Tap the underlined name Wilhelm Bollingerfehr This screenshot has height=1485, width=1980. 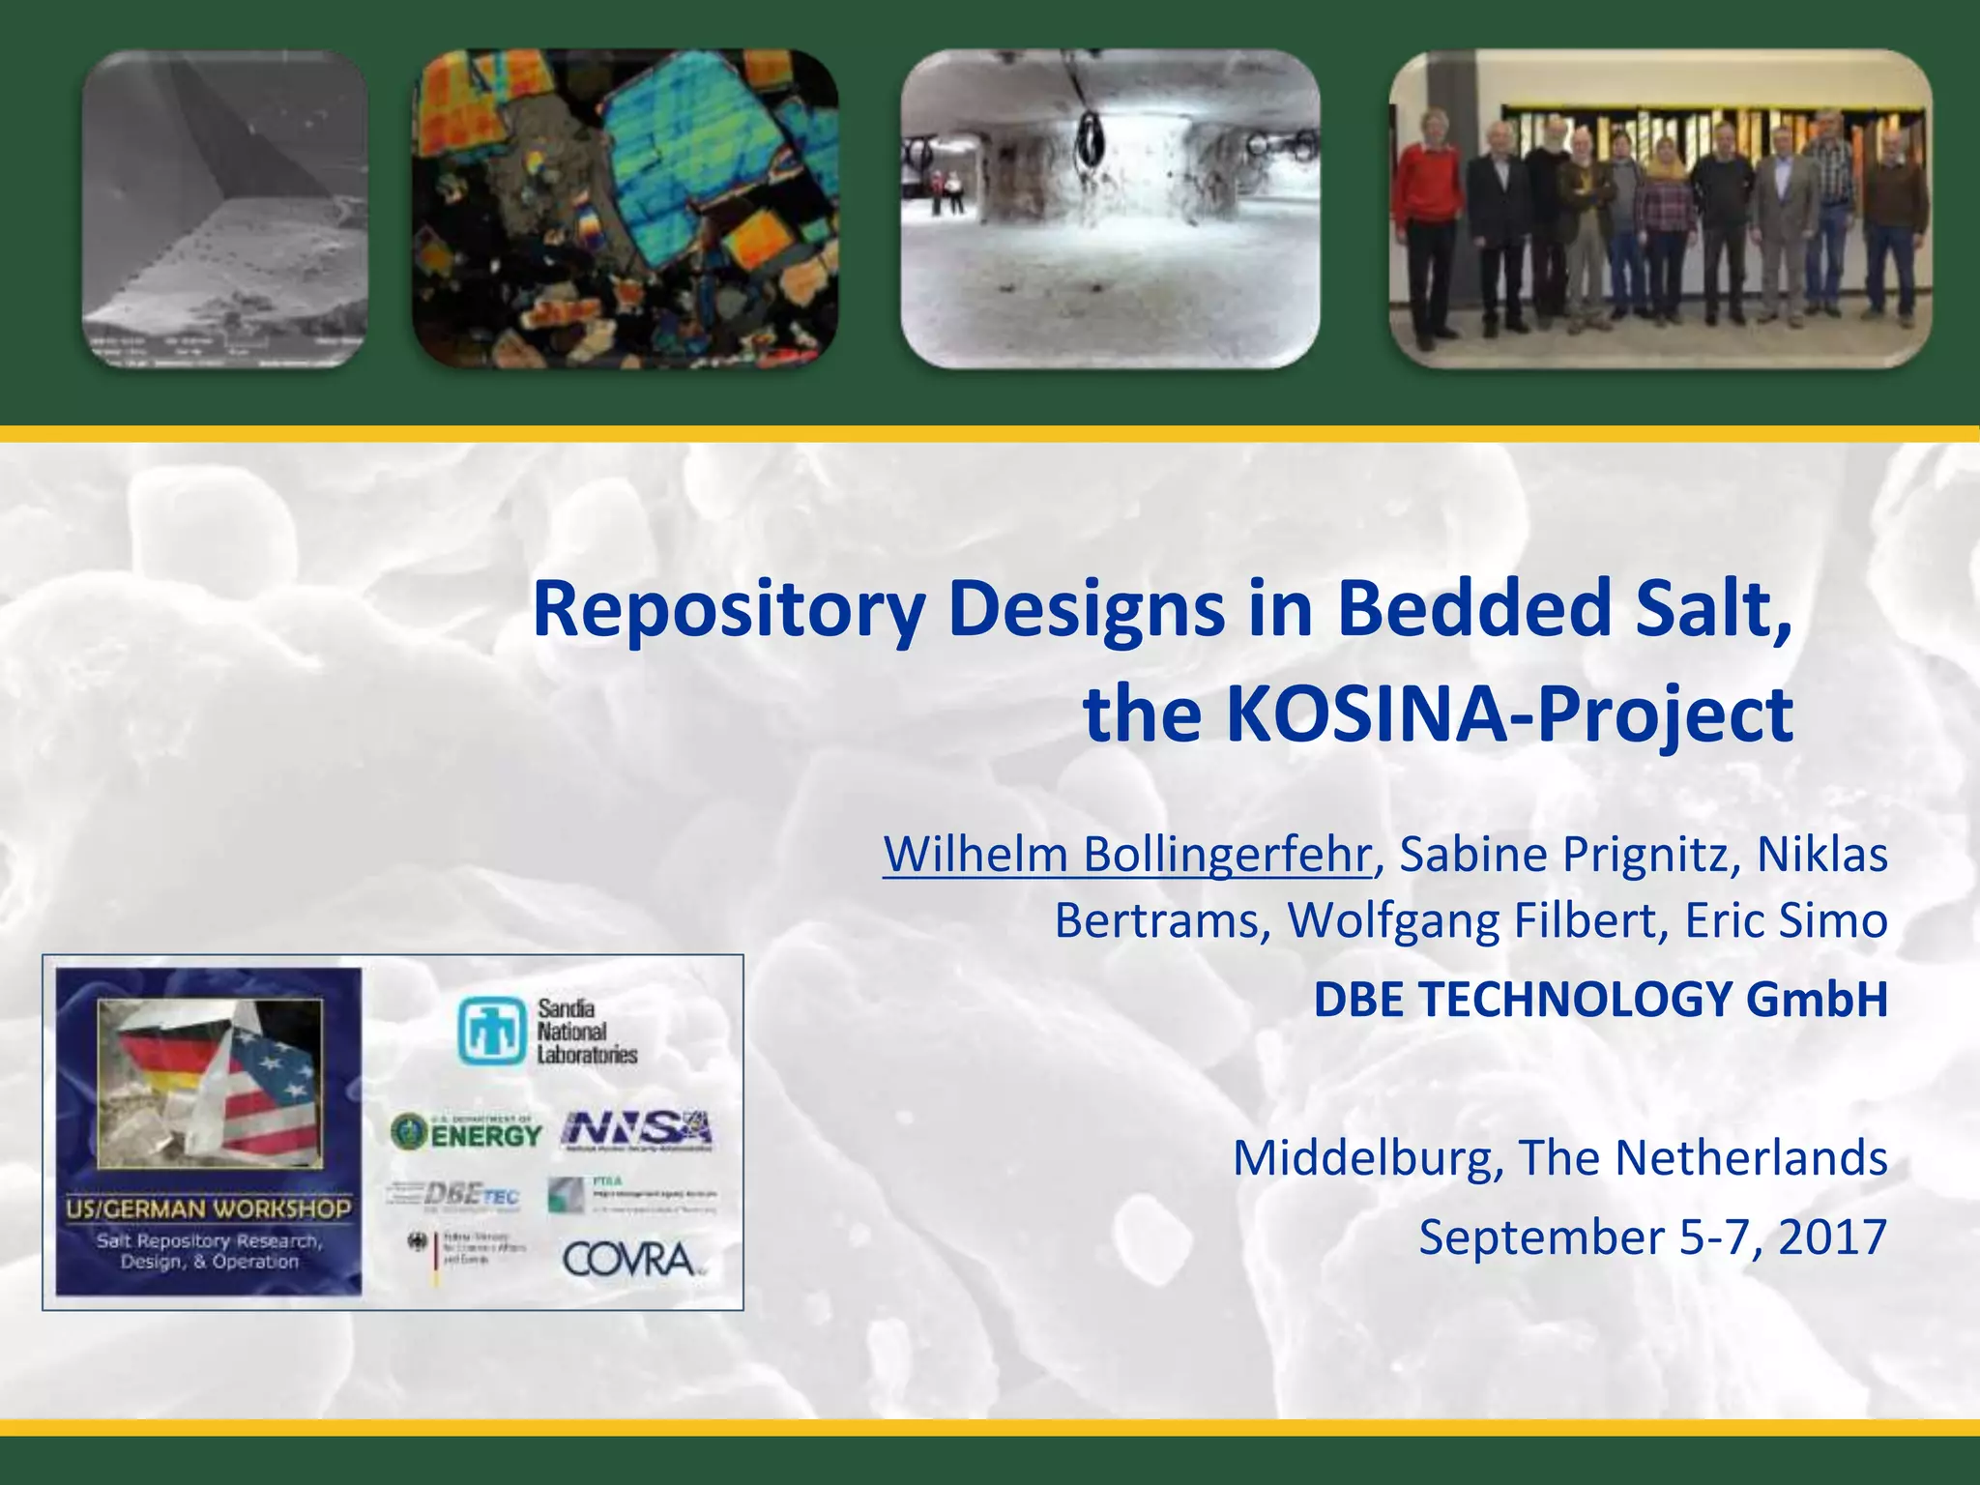(1126, 855)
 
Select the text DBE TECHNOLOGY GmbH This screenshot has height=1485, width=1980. (1600, 1000)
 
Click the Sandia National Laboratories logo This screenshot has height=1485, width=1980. (548, 1033)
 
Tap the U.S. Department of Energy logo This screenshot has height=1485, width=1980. (466, 1131)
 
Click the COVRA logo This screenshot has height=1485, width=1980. (630, 1260)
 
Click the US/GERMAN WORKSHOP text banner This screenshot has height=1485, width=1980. (209, 1208)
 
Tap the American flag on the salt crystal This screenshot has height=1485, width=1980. (266, 1092)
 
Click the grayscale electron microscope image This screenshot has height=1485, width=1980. (224, 208)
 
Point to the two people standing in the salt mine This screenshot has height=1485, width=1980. (945, 193)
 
